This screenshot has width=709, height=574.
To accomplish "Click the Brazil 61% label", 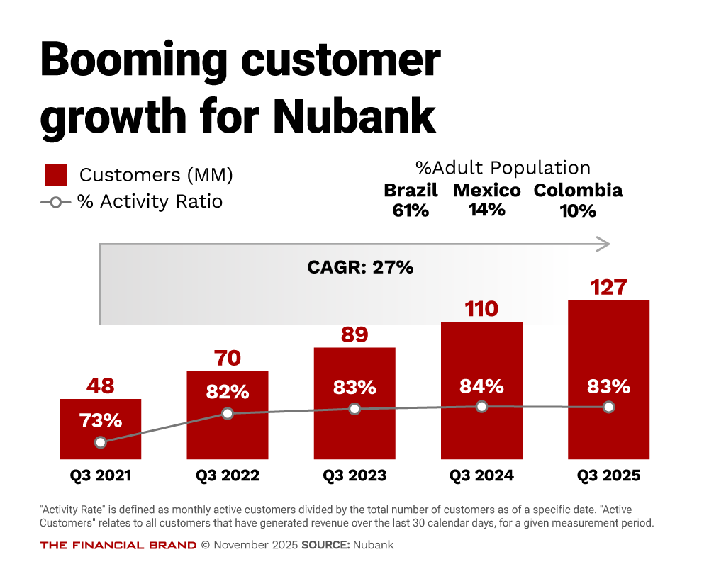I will click(411, 200).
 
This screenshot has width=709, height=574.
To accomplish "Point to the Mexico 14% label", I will click(486, 200).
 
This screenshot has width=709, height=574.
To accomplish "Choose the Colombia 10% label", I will click(578, 200).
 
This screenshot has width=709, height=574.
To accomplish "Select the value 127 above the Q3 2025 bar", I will click(608, 287).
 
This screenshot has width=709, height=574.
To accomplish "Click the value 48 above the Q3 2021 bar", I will click(100, 386).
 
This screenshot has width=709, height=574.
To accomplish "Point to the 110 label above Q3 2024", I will click(481, 309).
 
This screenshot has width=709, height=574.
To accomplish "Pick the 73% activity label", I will click(101, 420).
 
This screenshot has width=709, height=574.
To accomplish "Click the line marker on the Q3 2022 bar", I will click(228, 413).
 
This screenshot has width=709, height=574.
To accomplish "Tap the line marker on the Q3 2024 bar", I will click(481, 406).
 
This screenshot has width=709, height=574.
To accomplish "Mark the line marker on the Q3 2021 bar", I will click(101, 442).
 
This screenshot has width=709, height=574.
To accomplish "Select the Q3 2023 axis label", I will click(354, 475).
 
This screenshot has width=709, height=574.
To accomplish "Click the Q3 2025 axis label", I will click(608, 475).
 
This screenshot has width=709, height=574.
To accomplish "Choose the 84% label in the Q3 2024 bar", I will click(481, 386).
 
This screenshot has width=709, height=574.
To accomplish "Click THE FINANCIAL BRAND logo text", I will click(118, 545).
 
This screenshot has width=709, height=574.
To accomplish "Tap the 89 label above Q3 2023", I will click(354, 334).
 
